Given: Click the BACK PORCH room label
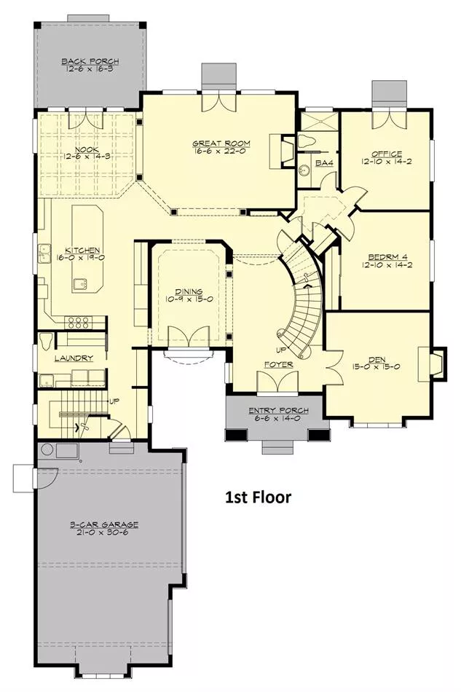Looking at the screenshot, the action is click(90, 61).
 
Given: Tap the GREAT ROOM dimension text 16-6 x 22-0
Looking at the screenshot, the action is click(221, 151).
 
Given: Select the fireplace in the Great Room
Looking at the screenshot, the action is click(283, 151).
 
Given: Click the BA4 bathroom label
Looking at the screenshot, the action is click(324, 163).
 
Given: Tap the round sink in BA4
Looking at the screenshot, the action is click(304, 170).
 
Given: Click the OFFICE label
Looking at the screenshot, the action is click(387, 154).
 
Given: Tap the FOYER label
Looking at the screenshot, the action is click(279, 364).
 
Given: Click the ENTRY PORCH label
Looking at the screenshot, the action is click(278, 411).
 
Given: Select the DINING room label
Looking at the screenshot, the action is click(189, 291).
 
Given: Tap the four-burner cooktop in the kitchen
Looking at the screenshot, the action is click(79, 322).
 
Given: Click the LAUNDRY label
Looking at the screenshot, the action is click(74, 358).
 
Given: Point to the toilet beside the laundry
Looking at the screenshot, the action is click(45, 341).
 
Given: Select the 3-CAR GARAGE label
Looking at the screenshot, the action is click(104, 524).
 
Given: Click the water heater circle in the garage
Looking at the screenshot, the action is click(47, 449).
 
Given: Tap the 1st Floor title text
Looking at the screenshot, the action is click(259, 498).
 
